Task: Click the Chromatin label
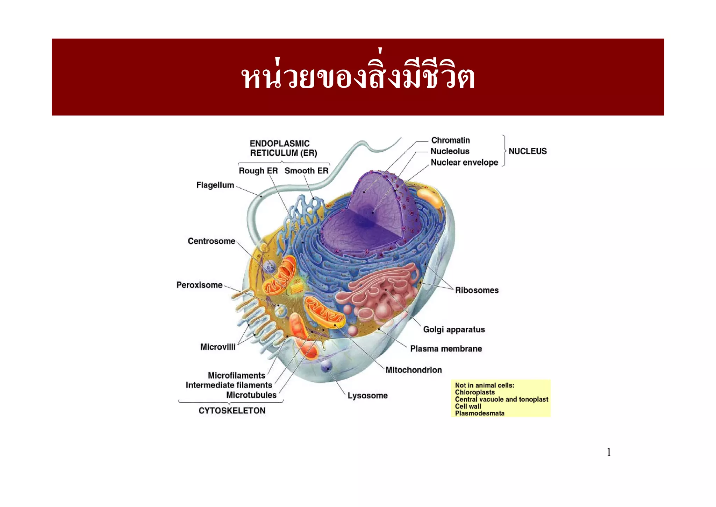[x=450, y=140]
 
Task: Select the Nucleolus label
[x=450, y=151]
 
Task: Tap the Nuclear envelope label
[x=464, y=162]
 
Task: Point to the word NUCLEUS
[x=527, y=151]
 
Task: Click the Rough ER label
[x=258, y=171]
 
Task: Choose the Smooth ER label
[x=306, y=171]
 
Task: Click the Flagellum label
[x=215, y=185]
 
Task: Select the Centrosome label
[x=211, y=241]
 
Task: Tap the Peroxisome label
[x=199, y=285]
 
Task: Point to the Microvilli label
[x=218, y=347]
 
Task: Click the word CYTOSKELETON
[x=232, y=411]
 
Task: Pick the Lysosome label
[x=367, y=396]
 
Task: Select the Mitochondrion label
[x=414, y=370]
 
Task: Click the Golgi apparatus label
[x=454, y=329]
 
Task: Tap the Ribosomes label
[x=477, y=290]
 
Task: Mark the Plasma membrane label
[x=446, y=349]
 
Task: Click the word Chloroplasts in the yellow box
[x=475, y=393]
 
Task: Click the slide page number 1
[x=609, y=452]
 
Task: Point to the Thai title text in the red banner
[x=358, y=77]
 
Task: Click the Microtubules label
[x=251, y=395]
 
